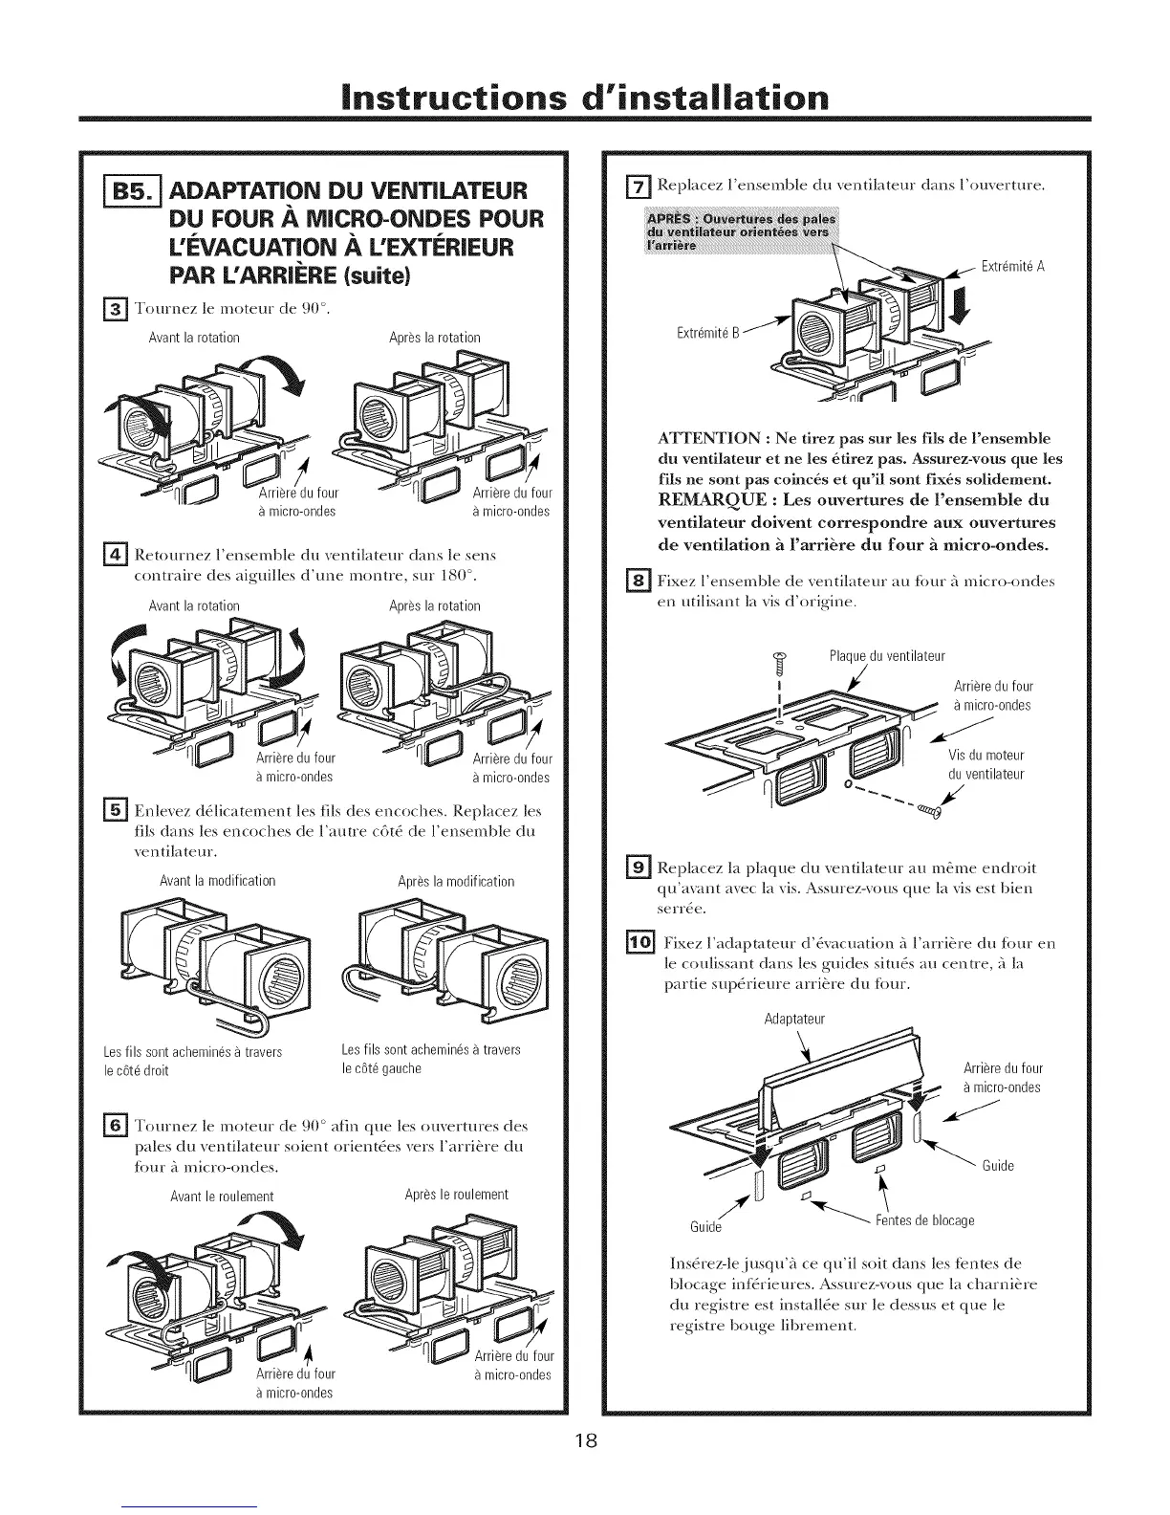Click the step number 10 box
click(639, 944)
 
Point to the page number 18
click(585, 1441)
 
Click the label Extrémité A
click(1013, 267)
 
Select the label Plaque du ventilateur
click(887, 656)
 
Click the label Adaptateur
click(794, 1019)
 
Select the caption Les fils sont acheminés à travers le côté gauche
click(431, 1059)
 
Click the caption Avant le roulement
click(222, 1197)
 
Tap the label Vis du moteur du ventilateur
click(986, 764)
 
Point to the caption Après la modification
click(456, 881)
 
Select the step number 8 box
click(639, 581)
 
